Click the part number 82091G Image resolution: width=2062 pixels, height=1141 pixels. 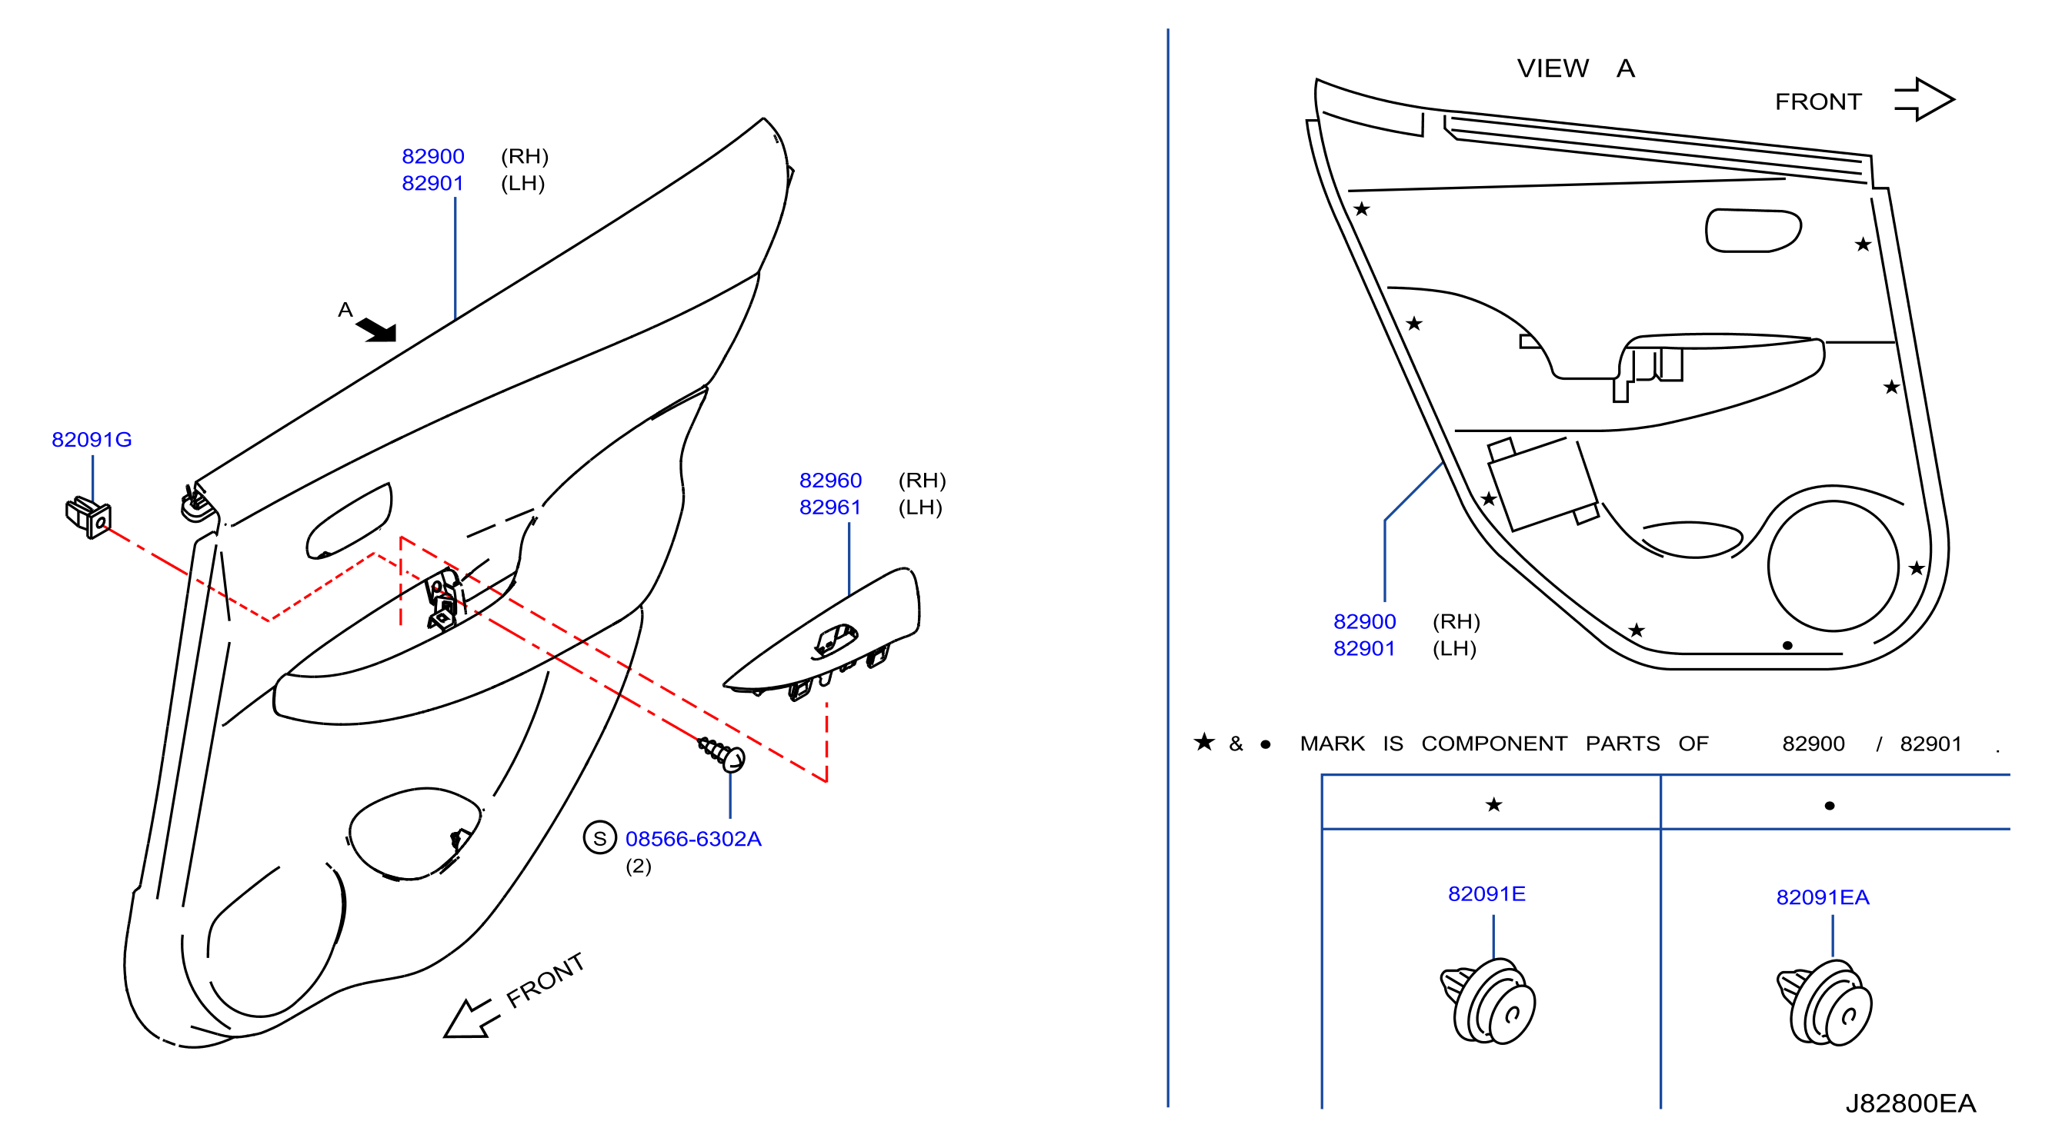point(92,440)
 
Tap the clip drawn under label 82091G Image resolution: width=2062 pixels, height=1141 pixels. point(88,517)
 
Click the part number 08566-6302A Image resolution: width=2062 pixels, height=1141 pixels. point(693,840)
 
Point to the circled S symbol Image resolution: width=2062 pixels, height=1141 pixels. point(599,839)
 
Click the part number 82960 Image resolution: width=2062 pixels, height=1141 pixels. point(830,481)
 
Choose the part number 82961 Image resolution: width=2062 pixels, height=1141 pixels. point(830,507)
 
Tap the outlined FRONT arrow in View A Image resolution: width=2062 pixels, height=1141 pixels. point(1924,100)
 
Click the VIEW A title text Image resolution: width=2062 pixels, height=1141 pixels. point(1575,68)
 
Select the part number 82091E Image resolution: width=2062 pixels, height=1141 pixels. point(1486,893)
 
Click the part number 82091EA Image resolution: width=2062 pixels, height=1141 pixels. point(1823,898)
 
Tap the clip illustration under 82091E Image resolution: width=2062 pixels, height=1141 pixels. point(1488,1002)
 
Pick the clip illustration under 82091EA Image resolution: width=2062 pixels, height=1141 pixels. point(1824,1003)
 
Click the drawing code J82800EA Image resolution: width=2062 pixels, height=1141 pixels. point(1910,1104)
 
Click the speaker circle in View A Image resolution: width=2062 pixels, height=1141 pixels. point(1833,567)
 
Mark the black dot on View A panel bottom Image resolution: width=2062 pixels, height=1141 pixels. point(1787,646)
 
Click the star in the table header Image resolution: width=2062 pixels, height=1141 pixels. point(1493,805)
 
